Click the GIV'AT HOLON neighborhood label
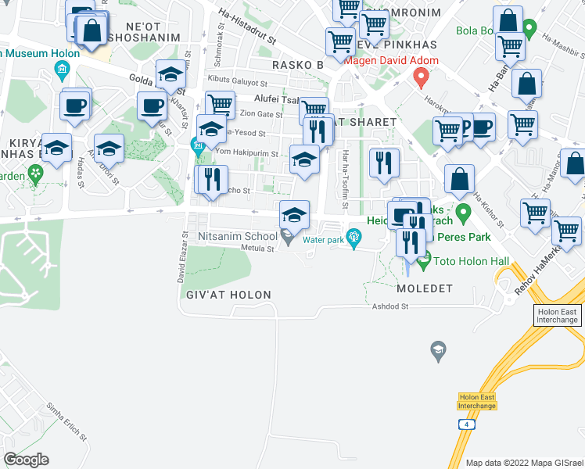point(228,295)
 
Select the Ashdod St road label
point(391,307)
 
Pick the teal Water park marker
point(354,235)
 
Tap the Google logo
point(26,460)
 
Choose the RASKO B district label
point(298,64)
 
